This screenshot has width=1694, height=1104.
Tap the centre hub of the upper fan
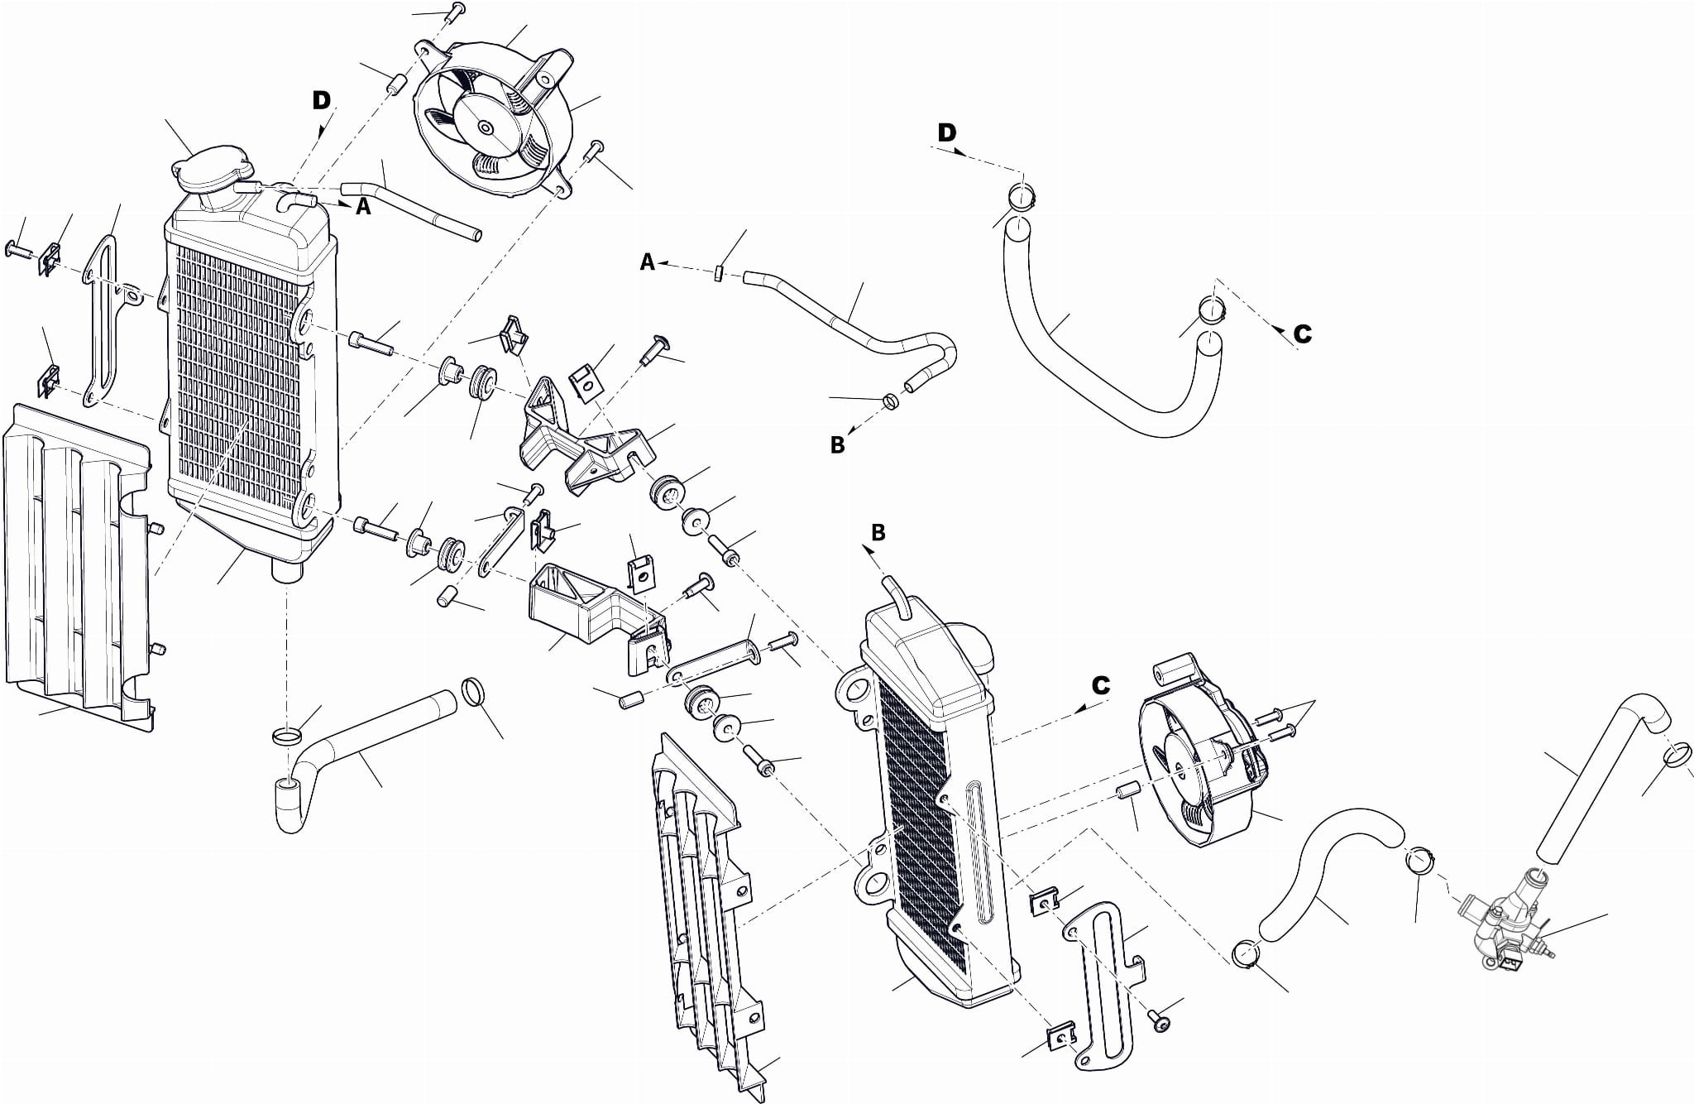click(x=483, y=128)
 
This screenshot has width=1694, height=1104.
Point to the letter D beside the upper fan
click(x=321, y=101)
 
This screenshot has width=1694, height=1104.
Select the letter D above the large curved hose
click(x=946, y=132)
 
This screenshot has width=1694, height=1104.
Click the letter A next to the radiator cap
click(x=363, y=208)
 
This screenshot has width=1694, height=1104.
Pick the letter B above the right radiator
click(x=878, y=533)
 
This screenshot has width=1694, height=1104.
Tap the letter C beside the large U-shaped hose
click(x=1302, y=334)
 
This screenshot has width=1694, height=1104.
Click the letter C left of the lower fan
click(x=1100, y=685)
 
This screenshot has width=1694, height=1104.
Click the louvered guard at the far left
click(x=74, y=563)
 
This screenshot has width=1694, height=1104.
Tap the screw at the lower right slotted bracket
click(x=1161, y=1023)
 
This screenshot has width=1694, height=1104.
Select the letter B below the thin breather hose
click(x=837, y=444)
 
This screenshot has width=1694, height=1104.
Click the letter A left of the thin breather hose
click(x=648, y=262)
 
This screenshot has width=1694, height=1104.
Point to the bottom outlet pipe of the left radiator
click(x=286, y=570)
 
